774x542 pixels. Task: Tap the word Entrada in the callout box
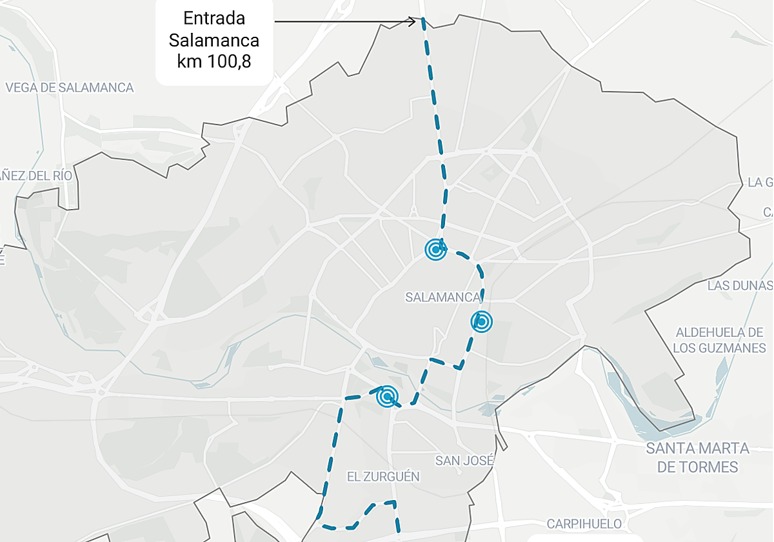tap(214, 17)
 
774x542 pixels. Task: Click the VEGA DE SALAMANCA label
tap(70, 88)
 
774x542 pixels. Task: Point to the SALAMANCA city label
tap(443, 297)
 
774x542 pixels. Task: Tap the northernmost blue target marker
tap(436, 249)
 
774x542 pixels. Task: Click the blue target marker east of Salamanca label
tap(481, 321)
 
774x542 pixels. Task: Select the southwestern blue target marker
tap(387, 397)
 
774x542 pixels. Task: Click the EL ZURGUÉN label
tap(383, 477)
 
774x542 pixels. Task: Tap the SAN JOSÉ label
tap(464, 461)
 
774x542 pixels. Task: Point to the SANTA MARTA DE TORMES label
tap(698, 457)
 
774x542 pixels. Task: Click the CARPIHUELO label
tap(584, 524)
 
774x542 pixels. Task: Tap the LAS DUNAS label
tap(739, 285)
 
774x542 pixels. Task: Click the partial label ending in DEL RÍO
tap(35, 176)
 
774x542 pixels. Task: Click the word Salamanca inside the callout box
tap(214, 40)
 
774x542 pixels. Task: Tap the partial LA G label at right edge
tap(760, 182)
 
